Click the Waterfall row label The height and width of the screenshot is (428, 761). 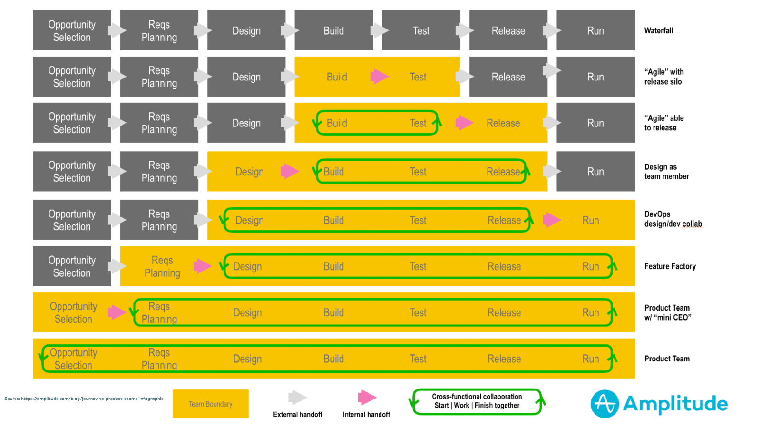click(x=658, y=30)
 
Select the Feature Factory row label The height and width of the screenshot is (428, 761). click(x=670, y=266)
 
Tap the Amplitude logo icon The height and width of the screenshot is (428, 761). click(x=605, y=404)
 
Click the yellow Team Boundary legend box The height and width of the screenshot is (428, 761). click(x=210, y=404)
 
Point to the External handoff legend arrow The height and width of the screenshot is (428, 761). click(x=297, y=398)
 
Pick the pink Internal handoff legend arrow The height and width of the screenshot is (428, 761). click(x=367, y=398)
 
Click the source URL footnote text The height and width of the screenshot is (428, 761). click(x=84, y=399)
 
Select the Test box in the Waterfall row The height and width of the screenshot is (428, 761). click(x=421, y=30)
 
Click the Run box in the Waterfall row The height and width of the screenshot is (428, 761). click(x=595, y=30)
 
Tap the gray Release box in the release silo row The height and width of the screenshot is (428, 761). click(x=508, y=77)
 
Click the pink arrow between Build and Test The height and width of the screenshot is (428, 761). click(x=379, y=76)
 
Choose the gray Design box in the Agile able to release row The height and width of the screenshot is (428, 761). click(x=246, y=123)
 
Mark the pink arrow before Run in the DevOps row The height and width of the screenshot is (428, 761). click(x=551, y=220)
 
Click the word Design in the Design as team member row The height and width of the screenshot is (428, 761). click(x=249, y=172)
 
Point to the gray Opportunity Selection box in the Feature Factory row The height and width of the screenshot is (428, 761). click(x=72, y=266)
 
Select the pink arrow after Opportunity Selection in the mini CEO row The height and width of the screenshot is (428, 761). click(x=116, y=312)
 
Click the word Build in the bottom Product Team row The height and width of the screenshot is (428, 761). click(x=333, y=359)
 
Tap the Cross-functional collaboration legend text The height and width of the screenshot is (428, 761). click(x=477, y=401)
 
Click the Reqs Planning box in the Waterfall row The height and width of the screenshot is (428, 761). click(x=159, y=30)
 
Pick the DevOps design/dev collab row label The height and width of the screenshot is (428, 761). click(x=673, y=219)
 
